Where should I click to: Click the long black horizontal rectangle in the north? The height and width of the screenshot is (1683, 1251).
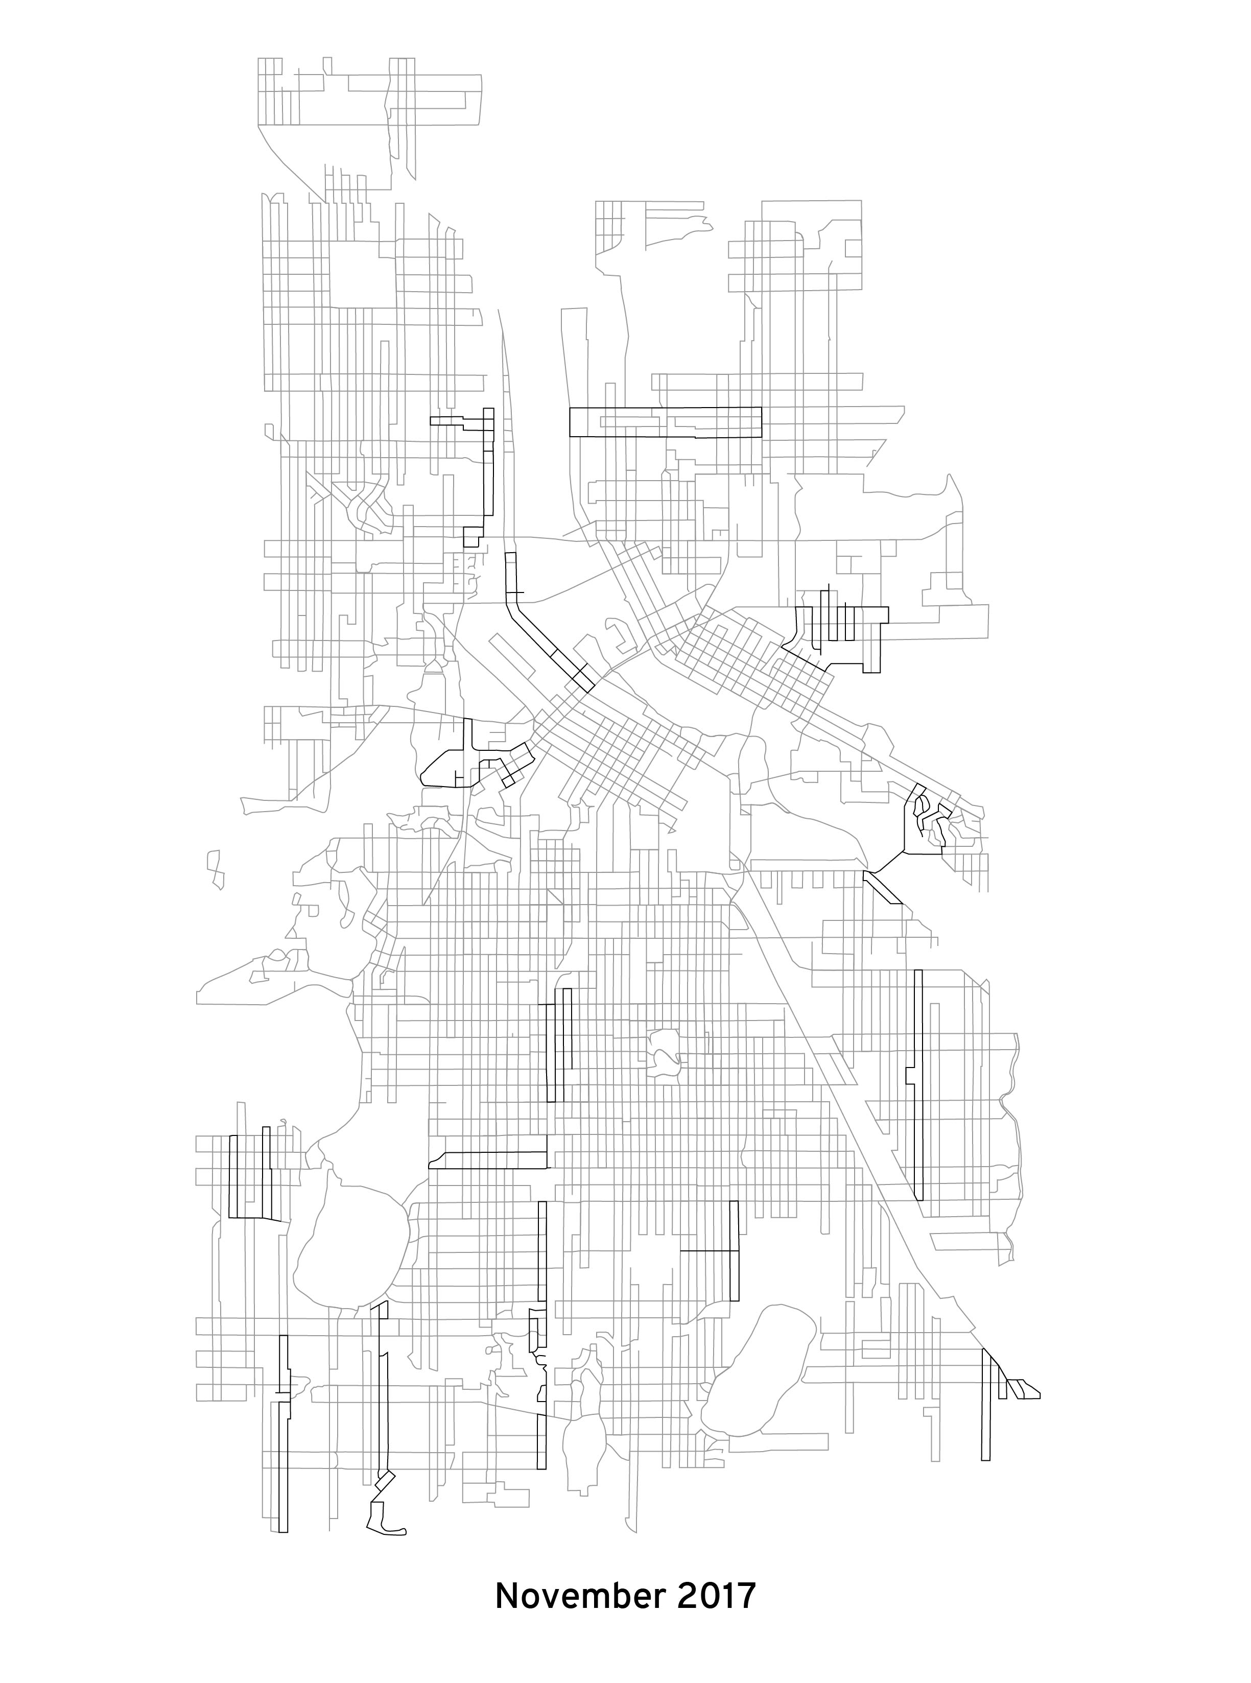665,422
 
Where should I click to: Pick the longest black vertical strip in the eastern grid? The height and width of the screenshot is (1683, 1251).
918,1083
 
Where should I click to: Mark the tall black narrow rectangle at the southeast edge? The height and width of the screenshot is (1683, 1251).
985,1414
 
